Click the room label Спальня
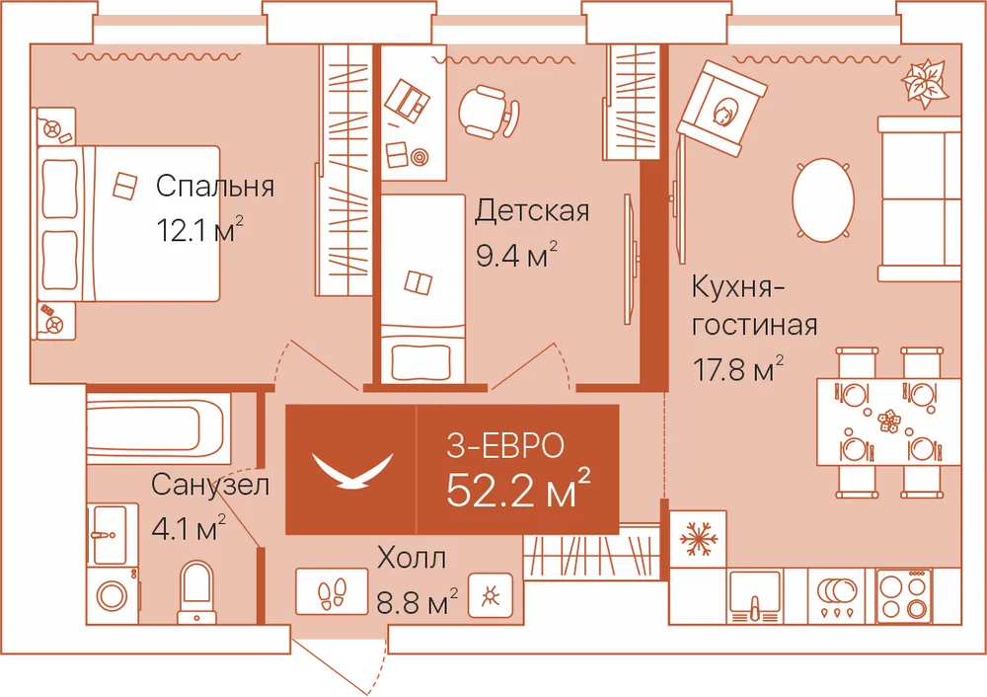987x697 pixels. click(215, 187)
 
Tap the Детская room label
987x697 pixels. click(532, 211)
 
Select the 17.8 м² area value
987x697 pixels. click(738, 368)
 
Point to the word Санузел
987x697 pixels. click(210, 485)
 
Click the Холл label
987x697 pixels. click(412, 558)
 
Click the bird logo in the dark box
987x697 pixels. click(352, 470)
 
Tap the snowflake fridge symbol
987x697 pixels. click(698, 538)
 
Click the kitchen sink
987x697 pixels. click(754, 595)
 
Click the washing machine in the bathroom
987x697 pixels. click(113, 595)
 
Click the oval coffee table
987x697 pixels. click(823, 199)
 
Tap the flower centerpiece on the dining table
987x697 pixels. click(888, 420)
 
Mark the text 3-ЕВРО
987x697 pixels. click(504, 445)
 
